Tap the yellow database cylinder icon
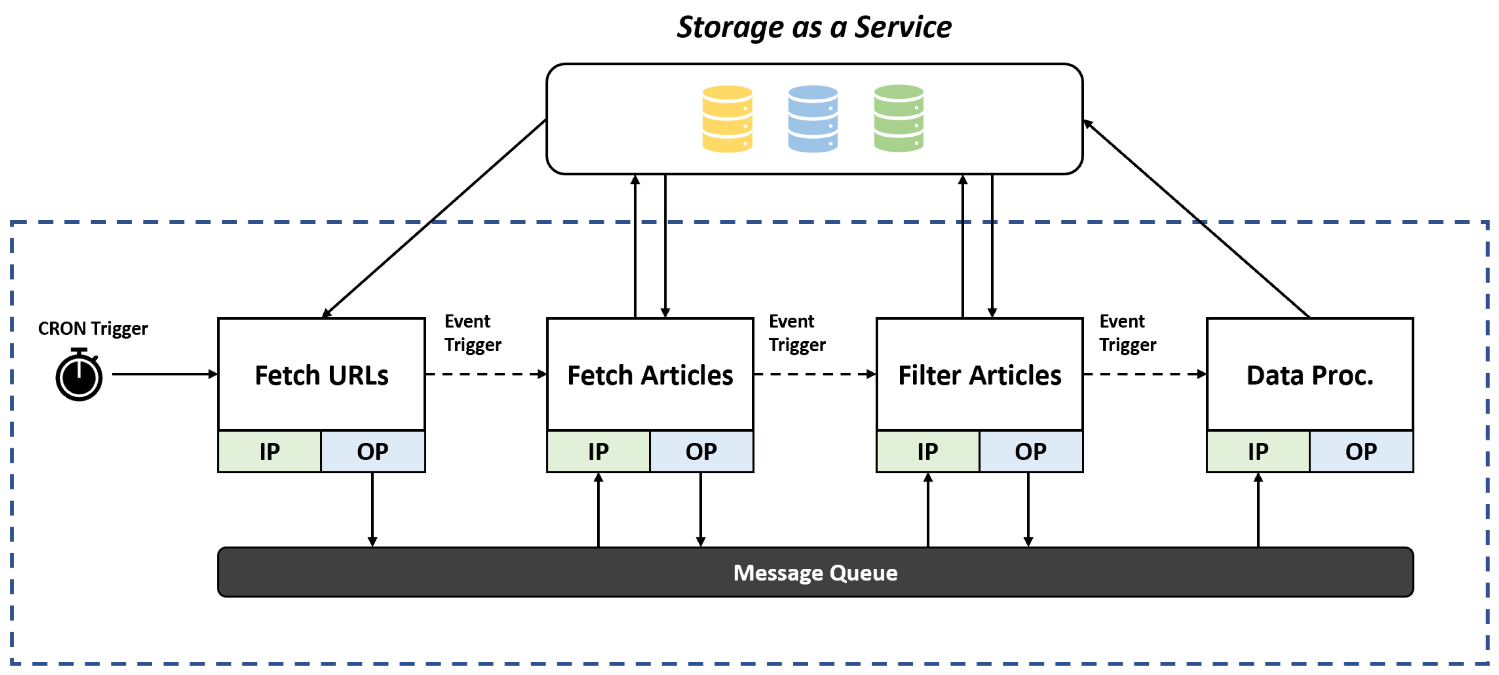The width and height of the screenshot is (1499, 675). tap(727, 119)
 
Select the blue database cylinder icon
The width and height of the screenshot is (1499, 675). tap(812, 119)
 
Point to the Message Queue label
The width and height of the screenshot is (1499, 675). tap(815, 573)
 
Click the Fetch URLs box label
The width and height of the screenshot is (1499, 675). tap(321, 375)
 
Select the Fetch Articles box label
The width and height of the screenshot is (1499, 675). tap(650, 375)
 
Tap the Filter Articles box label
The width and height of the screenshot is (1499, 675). tap(979, 375)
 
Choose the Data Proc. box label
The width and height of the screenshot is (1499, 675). tap(1309, 375)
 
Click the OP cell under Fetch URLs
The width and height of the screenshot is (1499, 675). tap(373, 452)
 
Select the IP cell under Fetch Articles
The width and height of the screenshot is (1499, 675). tap(598, 452)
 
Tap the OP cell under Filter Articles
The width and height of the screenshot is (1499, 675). tap(1030, 452)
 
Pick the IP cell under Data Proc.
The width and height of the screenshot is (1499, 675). tap(1257, 452)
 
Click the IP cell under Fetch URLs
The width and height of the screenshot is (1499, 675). tap(269, 452)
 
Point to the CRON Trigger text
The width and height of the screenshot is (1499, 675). tap(93, 328)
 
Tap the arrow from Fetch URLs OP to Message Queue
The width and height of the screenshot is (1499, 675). tap(373, 509)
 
